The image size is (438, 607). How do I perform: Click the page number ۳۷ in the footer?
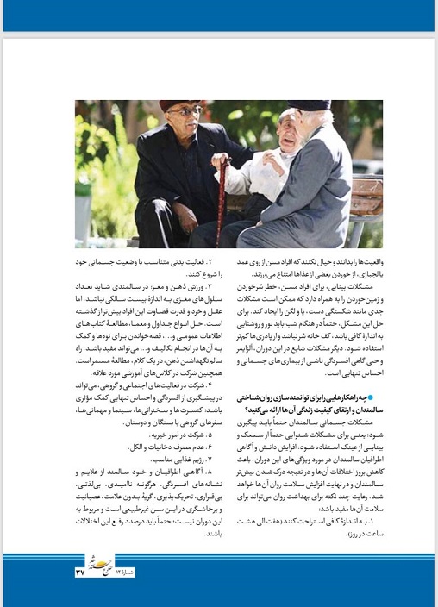pyautogui.click(x=81, y=571)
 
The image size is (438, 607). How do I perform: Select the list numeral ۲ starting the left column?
pyautogui.click(x=200, y=258)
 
